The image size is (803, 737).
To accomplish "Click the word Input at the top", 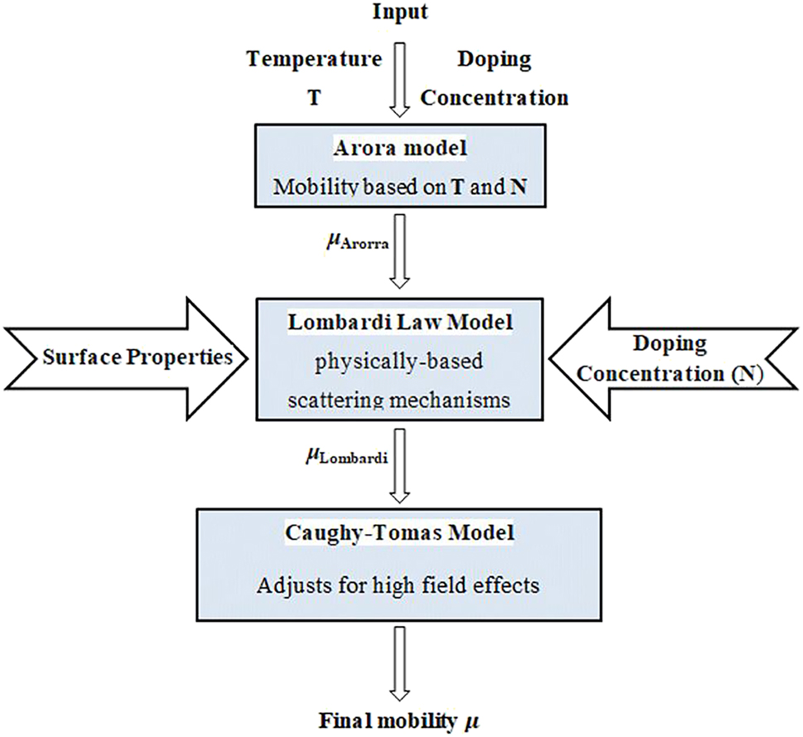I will point(400,14).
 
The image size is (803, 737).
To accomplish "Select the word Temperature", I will point(315,60).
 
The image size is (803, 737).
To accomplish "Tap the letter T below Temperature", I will point(314,98).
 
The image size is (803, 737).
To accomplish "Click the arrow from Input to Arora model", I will point(401,81).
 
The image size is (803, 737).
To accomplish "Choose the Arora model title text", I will point(400,150).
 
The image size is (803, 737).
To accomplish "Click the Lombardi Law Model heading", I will point(401,322).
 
